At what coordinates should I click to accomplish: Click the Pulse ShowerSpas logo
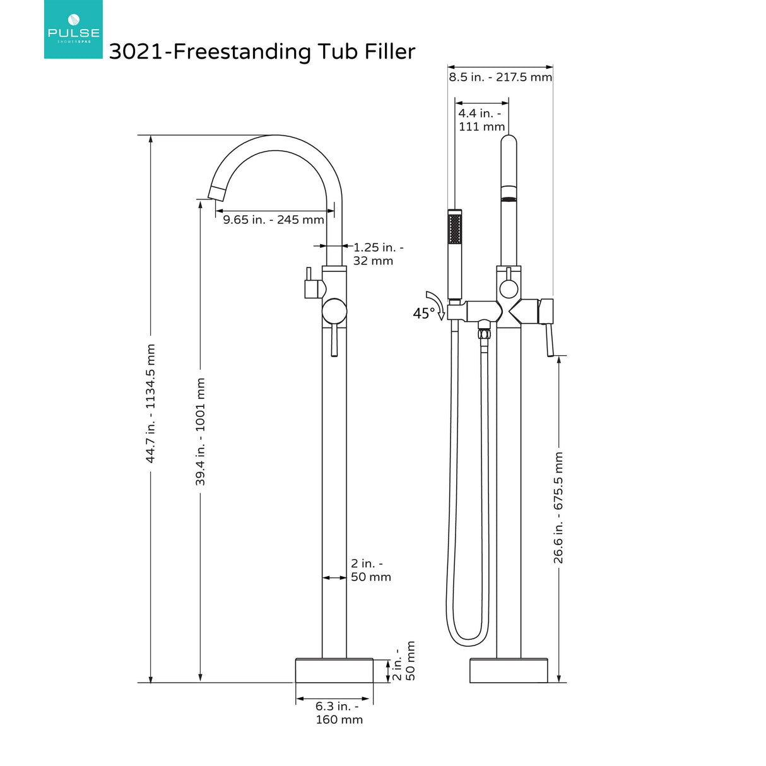[x=73, y=29]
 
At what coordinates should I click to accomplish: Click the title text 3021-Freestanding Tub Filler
[x=262, y=52]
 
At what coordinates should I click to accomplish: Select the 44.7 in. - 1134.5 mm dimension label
[x=151, y=403]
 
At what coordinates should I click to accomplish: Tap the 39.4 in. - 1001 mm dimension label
[x=201, y=432]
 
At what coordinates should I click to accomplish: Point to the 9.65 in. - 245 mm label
[x=273, y=220]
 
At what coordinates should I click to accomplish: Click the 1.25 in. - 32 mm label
[x=377, y=254]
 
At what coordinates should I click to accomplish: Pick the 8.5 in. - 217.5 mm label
[x=500, y=77]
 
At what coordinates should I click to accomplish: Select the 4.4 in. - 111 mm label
[x=481, y=120]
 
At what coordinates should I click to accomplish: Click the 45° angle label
[x=423, y=313]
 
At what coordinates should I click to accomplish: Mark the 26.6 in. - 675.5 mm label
[x=559, y=507]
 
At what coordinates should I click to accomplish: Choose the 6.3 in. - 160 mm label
[x=339, y=712]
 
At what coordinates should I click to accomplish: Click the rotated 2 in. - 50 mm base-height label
[x=404, y=662]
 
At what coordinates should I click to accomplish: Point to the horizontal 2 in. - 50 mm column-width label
[x=370, y=570]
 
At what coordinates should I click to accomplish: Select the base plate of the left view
[x=334, y=670]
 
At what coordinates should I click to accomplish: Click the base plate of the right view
[x=509, y=670]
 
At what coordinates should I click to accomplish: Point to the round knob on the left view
[x=334, y=312]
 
